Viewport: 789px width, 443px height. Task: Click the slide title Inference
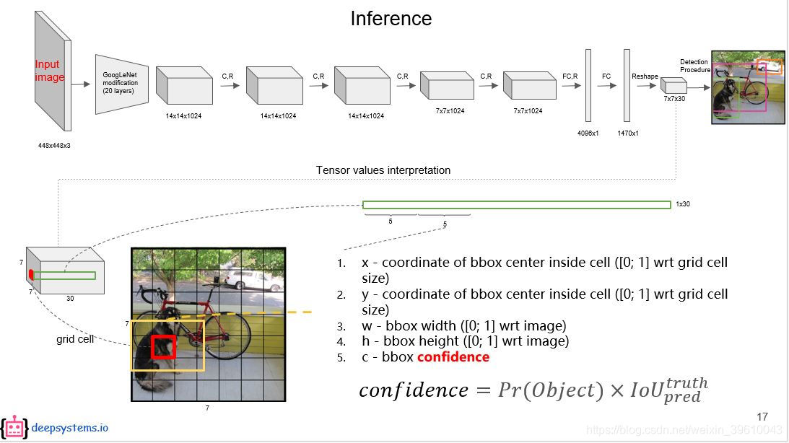click(x=391, y=19)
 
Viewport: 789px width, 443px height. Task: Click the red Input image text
click(x=49, y=71)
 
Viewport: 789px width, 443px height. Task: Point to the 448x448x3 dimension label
click(x=54, y=145)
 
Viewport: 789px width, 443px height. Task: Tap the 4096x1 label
click(x=588, y=133)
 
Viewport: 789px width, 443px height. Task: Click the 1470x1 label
click(x=627, y=133)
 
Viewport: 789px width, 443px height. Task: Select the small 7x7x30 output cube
click(x=673, y=87)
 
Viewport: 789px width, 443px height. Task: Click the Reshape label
click(x=645, y=76)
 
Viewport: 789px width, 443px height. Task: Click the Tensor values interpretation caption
click(x=383, y=170)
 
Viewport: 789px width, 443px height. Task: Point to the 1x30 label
click(x=682, y=204)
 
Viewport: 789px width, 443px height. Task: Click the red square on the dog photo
click(x=163, y=346)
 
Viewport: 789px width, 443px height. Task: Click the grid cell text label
click(x=74, y=338)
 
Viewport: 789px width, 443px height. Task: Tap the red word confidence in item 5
click(x=453, y=357)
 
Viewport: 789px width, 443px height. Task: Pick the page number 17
click(x=762, y=416)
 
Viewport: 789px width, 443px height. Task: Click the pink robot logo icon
click(x=14, y=428)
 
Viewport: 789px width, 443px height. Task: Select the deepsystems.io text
click(x=70, y=428)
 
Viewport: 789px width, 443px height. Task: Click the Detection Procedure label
click(x=694, y=66)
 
